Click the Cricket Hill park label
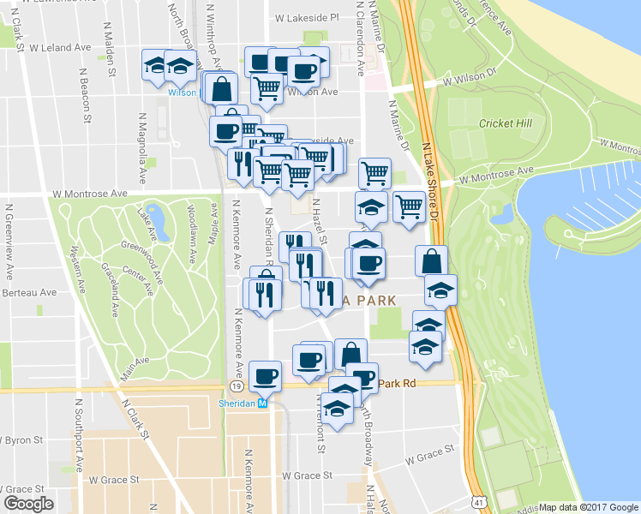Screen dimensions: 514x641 (506, 123)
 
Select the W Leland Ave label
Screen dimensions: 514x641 (63, 47)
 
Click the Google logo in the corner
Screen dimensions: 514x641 (28, 504)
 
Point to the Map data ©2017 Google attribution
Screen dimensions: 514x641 (588, 507)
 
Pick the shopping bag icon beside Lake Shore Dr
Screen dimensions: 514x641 (432, 260)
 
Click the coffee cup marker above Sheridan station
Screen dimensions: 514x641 (265, 375)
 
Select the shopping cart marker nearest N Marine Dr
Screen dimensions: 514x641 (374, 172)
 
